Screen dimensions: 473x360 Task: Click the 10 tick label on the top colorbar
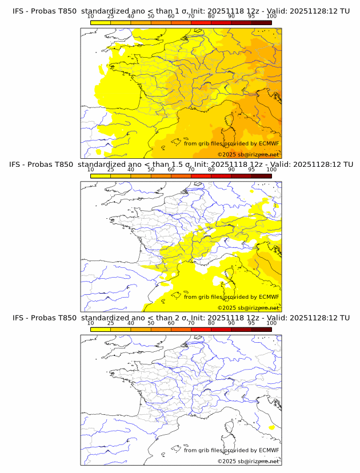coord(90,17)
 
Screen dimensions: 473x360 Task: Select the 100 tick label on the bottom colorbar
coord(271,323)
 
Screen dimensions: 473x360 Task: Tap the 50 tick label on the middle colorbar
coord(151,170)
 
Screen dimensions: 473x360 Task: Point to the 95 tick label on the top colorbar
coord(251,17)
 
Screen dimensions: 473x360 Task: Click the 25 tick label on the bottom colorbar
coord(111,323)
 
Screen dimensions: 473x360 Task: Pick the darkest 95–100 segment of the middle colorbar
coord(261,175)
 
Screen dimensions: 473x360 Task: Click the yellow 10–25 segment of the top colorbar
coord(101,22)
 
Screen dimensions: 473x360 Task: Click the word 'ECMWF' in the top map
coord(269,143)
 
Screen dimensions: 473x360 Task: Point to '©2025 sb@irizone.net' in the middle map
coord(248,308)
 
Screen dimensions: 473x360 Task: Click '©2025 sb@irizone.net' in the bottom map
coord(248,461)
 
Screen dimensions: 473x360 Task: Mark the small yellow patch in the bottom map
coord(271,427)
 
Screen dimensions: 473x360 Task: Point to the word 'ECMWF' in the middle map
coord(269,297)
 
